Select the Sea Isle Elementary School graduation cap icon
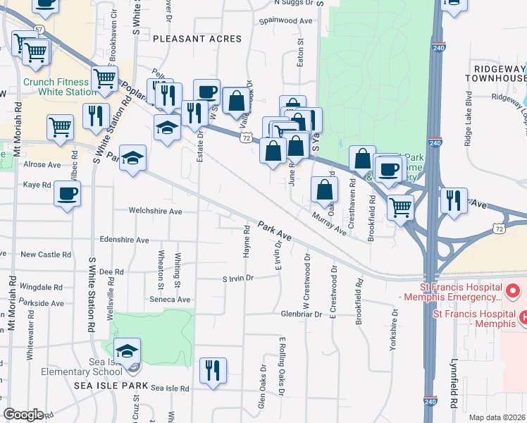tap(127, 351)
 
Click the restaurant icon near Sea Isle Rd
tap(212, 370)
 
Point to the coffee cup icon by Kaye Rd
tap(67, 193)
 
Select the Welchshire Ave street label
tap(155, 211)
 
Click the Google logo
tap(23, 414)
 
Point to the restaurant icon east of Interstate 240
tap(454, 200)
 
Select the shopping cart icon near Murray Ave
tap(399, 207)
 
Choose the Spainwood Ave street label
tap(285, 21)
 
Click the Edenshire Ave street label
tap(125, 240)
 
